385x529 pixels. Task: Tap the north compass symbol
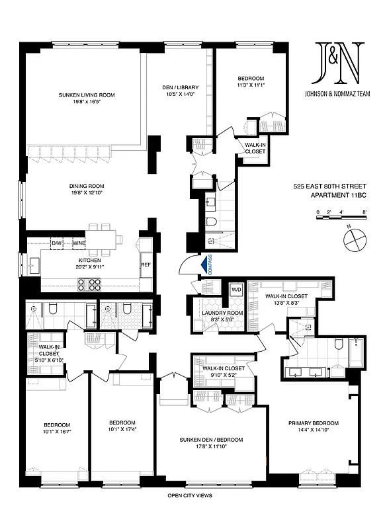point(356,239)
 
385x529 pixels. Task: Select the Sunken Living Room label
point(86,95)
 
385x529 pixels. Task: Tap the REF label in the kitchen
point(146,264)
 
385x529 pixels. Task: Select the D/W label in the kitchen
point(57,243)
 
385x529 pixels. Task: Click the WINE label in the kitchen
point(79,243)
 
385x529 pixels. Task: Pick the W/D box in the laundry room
point(236,290)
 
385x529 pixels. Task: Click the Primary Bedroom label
point(313,423)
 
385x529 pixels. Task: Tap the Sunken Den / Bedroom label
point(211,440)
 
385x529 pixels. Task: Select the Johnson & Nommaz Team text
point(338,93)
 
